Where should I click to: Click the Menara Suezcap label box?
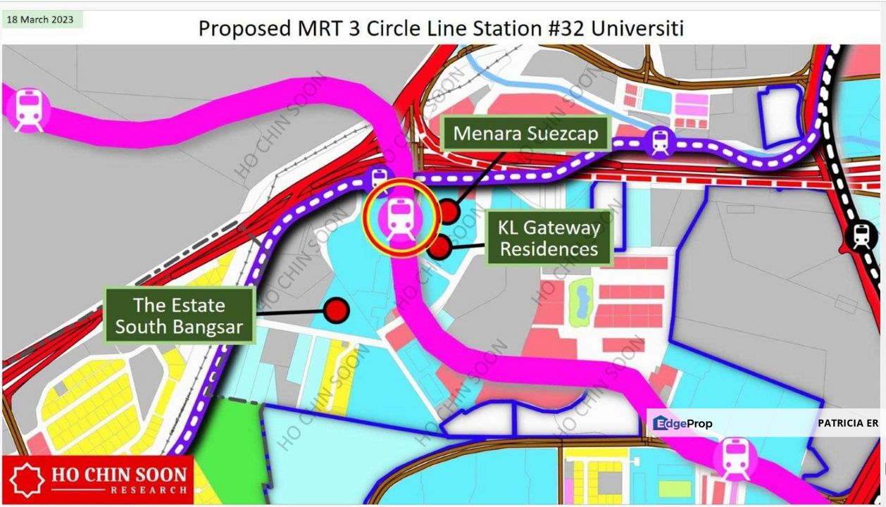tap(525, 134)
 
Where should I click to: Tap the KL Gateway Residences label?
tap(549, 238)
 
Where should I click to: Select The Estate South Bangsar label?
tap(179, 315)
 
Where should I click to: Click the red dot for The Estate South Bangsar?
tap(336, 309)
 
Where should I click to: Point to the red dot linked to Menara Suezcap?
tap(448, 211)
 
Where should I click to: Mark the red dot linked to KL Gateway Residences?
tap(439, 246)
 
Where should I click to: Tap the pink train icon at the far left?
tap(28, 109)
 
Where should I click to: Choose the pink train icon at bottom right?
tap(736, 458)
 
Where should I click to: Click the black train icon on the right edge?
tap(861, 236)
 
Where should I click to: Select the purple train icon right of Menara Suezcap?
tap(659, 142)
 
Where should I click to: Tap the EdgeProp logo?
tap(682, 423)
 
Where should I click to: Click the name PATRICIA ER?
tap(847, 423)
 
